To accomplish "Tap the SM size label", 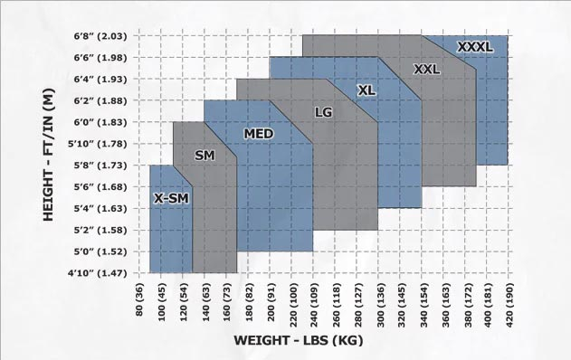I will (x=205, y=156).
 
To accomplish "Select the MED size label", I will (x=259, y=135).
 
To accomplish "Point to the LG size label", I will (x=323, y=112).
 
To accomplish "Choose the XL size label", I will (x=366, y=90).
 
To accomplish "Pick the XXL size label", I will (x=427, y=69).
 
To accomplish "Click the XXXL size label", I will (x=475, y=47).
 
